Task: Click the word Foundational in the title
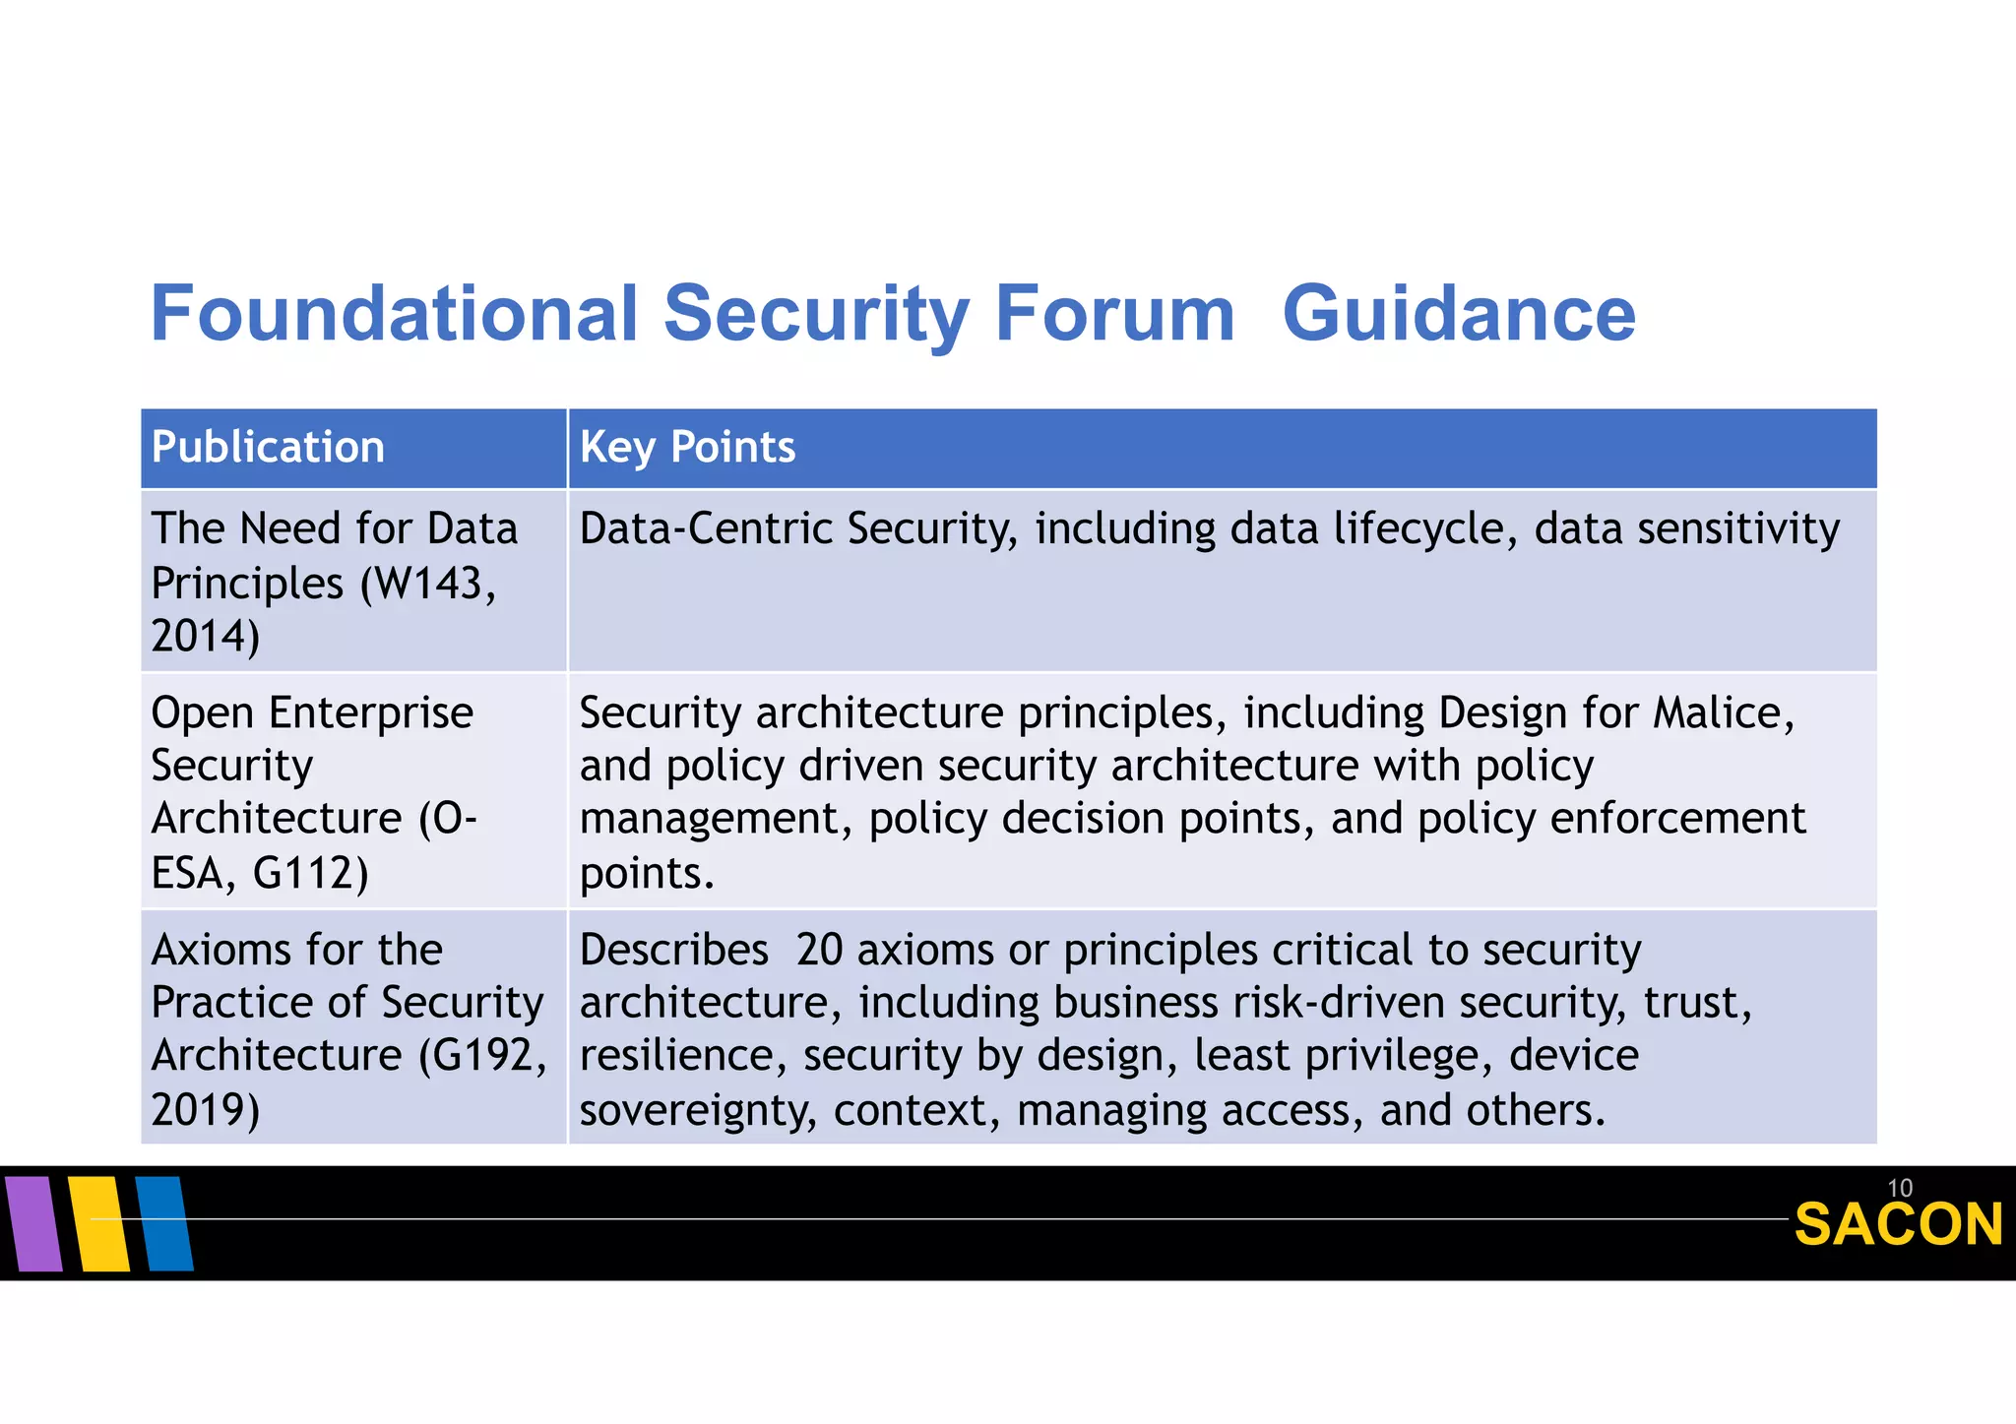[394, 314]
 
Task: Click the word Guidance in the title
[1459, 314]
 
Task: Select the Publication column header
[268, 448]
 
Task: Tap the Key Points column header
[687, 448]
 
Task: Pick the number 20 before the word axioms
[819, 951]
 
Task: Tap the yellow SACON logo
[1898, 1225]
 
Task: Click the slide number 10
[1899, 1188]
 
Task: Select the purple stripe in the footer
[34, 1223]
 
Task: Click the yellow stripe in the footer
[99, 1223]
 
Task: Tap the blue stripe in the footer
[164, 1223]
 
